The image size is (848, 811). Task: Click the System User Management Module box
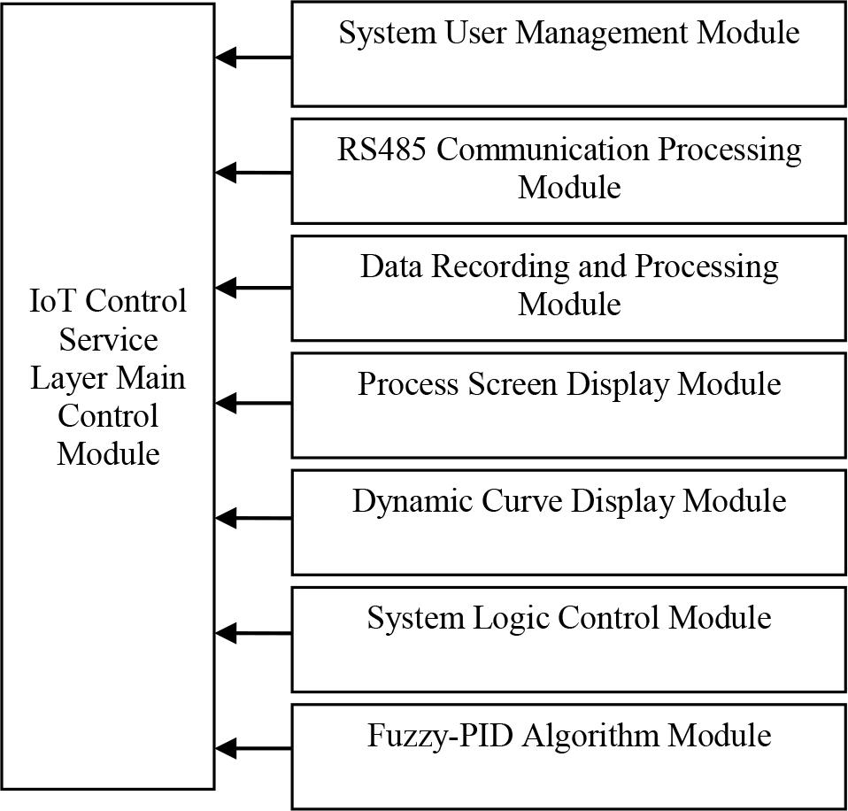(x=569, y=55)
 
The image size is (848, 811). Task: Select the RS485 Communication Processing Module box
(x=569, y=170)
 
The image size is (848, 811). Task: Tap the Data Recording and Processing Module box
(x=569, y=287)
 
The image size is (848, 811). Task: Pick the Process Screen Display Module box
(x=569, y=405)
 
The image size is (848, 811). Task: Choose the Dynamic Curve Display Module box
(x=569, y=521)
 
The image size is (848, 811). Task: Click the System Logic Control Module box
(x=569, y=638)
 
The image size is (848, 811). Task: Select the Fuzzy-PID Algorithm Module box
(x=569, y=755)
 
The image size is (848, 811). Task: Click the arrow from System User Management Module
(x=253, y=58)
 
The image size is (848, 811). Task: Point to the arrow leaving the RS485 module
(x=253, y=173)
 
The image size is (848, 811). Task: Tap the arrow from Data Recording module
(x=253, y=288)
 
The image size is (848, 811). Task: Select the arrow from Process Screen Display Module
(x=253, y=403)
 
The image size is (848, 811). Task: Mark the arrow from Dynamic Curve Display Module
(x=253, y=518)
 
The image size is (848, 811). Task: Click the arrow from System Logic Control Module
(x=253, y=633)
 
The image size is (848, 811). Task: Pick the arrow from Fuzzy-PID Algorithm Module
(x=253, y=749)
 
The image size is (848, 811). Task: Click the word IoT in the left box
(x=50, y=302)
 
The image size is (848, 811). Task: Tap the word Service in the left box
(x=108, y=340)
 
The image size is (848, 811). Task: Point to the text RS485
(x=382, y=150)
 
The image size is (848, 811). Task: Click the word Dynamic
(x=412, y=501)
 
